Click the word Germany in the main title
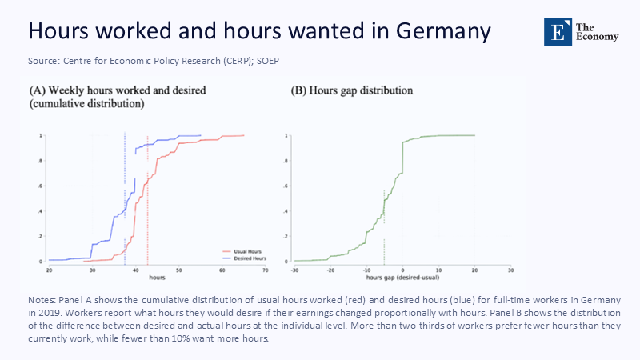tap(435, 30)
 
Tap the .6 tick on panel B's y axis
tap(286, 186)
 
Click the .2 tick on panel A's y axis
tap(40, 236)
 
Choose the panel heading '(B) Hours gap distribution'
tap(351, 91)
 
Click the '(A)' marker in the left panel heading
tap(38, 91)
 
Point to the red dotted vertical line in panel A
tap(147, 200)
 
